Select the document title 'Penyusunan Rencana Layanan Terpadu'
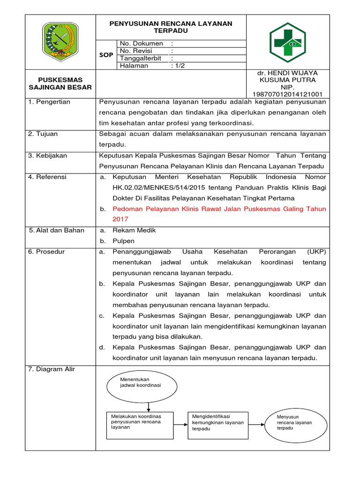point(171,27)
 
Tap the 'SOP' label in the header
point(106,55)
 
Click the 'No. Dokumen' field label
point(142,44)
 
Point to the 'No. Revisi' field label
point(138,51)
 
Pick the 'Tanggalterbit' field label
point(141,59)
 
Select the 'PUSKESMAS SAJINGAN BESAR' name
point(60,83)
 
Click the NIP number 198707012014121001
point(287,94)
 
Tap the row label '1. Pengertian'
point(49,102)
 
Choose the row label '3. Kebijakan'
point(47,156)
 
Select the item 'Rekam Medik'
point(134,230)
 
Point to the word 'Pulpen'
point(123,241)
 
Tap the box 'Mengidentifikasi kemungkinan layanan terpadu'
point(218,422)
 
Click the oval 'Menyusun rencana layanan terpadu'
point(295,422)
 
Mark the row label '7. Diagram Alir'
point(52,369)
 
